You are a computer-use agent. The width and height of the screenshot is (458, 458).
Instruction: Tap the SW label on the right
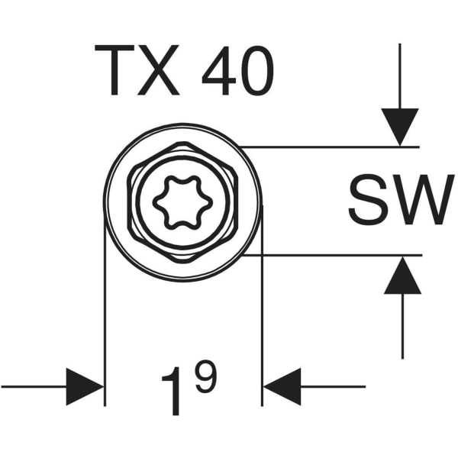click(396, 200)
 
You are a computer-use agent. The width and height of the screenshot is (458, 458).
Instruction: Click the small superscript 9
click(205, 378)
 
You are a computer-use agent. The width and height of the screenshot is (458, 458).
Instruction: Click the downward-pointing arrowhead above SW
click(400, 126)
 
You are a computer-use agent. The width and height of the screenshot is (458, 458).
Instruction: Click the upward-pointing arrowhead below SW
click(402, 276)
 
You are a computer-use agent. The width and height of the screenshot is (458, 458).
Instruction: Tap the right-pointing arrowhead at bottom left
click(84, 386)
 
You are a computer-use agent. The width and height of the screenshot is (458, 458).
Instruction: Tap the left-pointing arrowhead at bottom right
click(282, 386)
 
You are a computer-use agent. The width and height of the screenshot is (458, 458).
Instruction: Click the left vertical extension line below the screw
click(105, 321)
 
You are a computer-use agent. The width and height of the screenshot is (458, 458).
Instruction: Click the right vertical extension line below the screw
click(263, 321)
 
